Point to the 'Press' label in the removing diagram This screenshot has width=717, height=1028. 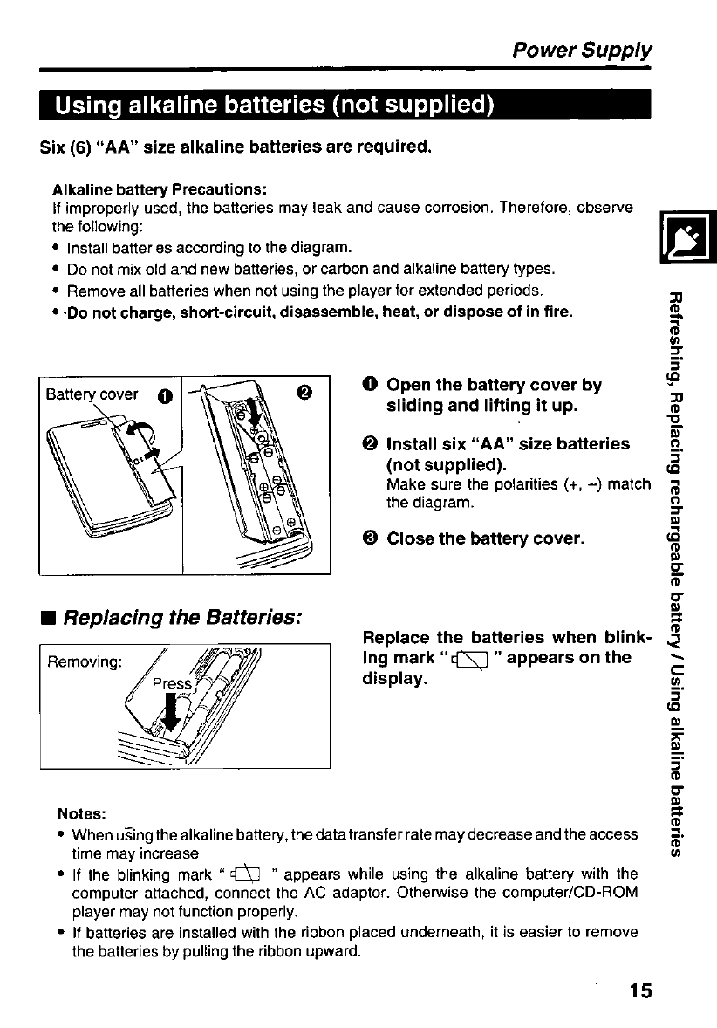tap(172, 684)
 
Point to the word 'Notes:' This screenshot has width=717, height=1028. tap(81, 813)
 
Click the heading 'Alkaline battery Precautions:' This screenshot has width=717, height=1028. tap(159, 189)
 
